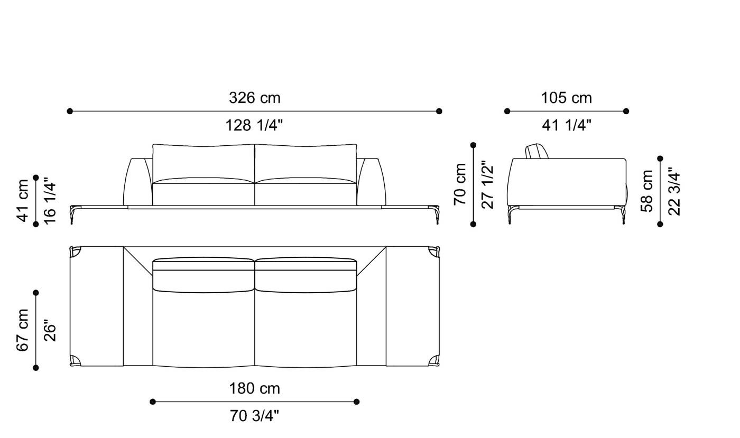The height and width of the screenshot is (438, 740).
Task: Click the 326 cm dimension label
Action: point(254,98)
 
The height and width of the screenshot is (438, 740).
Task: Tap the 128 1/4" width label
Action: point(254,126)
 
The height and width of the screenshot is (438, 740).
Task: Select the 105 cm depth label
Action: point(566,98)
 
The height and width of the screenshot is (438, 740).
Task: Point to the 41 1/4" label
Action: point(566,126)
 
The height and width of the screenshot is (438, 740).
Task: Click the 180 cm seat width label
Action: point(254,389)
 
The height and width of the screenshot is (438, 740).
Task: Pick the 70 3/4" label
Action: point(254,416)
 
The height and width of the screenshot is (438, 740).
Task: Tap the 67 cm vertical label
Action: point(23,330)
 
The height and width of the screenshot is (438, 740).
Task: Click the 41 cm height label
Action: point(23,201)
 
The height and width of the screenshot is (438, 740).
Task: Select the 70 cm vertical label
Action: point(460,184)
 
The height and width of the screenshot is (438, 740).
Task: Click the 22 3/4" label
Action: point(674,191)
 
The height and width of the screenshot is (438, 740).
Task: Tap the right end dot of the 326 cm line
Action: point(439,111)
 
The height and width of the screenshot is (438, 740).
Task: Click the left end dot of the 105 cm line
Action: point(507,111)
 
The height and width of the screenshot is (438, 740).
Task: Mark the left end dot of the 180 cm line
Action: point(153,402)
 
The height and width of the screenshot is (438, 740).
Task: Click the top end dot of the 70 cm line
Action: point(473,145)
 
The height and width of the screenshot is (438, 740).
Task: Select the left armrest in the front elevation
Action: point(137,182)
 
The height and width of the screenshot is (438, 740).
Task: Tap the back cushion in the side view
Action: point(538,151)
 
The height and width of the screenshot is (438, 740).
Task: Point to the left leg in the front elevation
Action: point(72,216)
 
